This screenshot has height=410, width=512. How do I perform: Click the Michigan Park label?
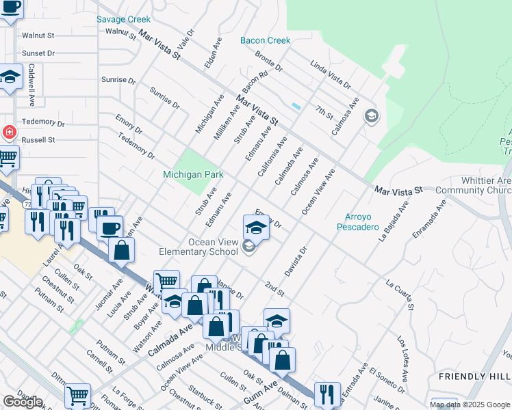click(193, 175)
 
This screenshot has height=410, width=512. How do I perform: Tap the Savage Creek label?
click(123, 19)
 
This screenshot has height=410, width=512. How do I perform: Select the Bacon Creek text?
click(265, 40)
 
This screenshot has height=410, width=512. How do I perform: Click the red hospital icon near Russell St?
click(9, 133)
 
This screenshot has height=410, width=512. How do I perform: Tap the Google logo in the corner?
click(22, 402)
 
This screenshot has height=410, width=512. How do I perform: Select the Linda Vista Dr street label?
click(330, 75)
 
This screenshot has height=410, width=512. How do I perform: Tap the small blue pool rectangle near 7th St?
click(296, 107)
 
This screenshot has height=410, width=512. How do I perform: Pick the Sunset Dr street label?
click(38, 53)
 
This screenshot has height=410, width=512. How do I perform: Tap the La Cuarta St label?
click(400, 292)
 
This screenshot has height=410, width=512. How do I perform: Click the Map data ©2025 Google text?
click(470, 405)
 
